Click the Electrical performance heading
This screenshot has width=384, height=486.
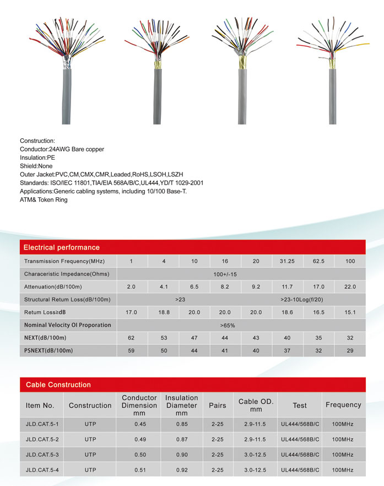coord(62,247)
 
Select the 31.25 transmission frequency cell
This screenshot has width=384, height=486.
coord(287,261)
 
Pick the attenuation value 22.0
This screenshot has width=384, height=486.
coord(350,287)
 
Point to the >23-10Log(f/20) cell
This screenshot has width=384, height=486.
coord(302,300)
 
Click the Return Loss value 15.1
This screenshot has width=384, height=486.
coord(350,312)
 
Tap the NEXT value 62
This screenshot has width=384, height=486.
coord(131,338)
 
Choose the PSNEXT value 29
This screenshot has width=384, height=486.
coord(350,350)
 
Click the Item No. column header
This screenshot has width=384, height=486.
coord(40,406)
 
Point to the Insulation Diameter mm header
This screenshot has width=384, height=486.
coord(181,405)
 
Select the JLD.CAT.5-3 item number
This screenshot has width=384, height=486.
coord(42,455)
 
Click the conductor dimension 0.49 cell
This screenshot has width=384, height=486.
coord(139,440)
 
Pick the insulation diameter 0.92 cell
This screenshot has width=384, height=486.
coord(181,469)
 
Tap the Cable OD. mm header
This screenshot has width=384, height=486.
coord(256,406)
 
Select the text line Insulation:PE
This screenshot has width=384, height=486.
coord(37,158)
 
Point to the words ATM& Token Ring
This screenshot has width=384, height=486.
coord(44,199)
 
